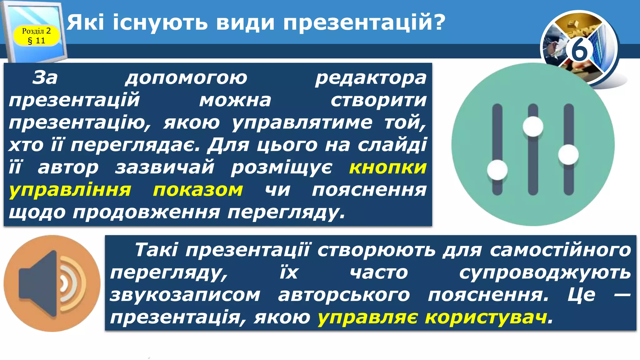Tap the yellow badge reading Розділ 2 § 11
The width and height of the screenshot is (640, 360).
(36, 36)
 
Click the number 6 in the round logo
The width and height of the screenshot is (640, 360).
(580, 50)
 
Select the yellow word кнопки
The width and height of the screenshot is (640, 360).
(388, 167)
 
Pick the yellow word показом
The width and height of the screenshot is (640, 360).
(198, 190)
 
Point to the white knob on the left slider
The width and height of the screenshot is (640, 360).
(497, 170)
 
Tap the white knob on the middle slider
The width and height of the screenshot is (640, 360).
(533, 126)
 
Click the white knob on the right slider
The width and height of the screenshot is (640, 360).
(568, 154)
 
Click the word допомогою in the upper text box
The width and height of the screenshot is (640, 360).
(186, 78)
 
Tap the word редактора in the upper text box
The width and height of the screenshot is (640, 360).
(371, 78)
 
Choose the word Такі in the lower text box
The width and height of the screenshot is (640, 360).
(156, 250)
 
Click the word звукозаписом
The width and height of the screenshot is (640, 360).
(185, 295)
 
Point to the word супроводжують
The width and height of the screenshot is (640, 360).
(545, 272)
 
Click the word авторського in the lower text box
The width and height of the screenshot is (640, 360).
(344, 295)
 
